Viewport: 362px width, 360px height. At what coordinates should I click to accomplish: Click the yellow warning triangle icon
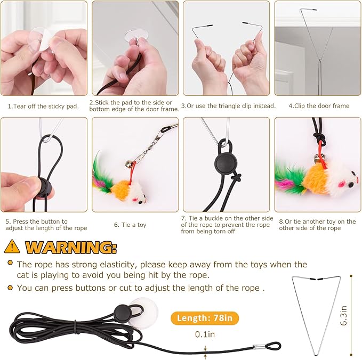[13, 247]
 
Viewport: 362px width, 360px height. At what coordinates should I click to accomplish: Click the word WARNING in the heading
[71, 247]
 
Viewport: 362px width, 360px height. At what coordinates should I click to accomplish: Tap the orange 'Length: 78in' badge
[205, 318]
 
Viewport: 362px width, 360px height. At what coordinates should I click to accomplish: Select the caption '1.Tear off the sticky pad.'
[43, 106]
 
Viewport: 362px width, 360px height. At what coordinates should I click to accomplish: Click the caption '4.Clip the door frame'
[319, 106]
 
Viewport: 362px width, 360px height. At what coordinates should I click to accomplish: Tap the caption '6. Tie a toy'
[130, 225]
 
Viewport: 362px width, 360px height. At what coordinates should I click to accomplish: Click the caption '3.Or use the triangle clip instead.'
[228, 106]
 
